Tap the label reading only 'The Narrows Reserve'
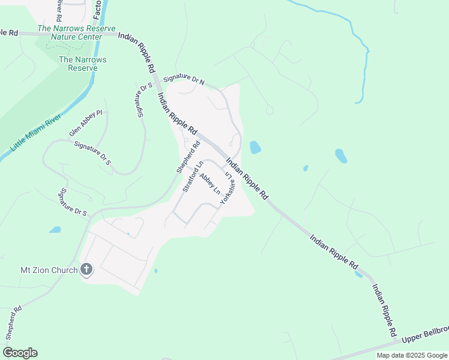coord(82,64)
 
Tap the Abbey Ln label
coord(209,183)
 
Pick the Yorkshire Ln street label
coord(226,188)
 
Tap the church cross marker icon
coord(86,269)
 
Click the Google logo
coord(20,352)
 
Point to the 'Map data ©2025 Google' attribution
coord(412,355)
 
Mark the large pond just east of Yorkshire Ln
coord(255,147)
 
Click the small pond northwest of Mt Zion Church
coord(55,230)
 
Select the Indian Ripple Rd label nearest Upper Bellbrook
coord(383,309)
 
